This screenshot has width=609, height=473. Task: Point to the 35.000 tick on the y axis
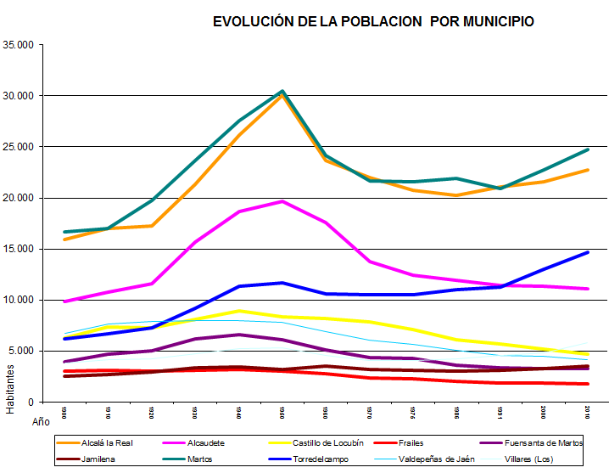pos(20,45)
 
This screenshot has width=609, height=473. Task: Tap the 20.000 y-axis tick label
pos(20,198)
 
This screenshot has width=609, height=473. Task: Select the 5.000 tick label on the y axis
pos(22,351)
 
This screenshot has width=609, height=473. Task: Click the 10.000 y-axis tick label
pos(20,300)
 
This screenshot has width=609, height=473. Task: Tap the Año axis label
pos(41,420)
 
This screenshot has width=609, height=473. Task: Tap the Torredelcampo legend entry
pos(317,459)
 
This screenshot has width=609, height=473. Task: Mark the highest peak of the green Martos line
pos(282,91)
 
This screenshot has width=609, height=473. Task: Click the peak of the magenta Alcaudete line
pos(282,201)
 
